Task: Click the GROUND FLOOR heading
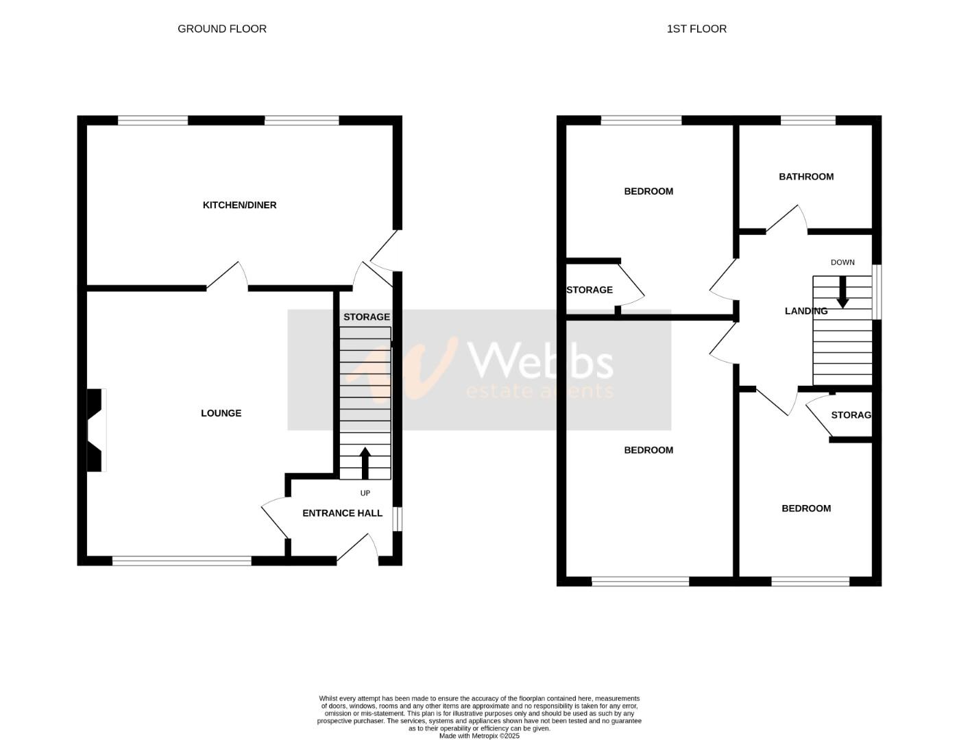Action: (221, 29)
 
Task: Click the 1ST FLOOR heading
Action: (696, 29)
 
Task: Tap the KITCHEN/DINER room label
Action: (239, 205)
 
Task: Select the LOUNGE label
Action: (221, 413)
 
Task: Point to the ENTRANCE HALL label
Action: (342, 513)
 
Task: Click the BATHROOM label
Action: (806, 177)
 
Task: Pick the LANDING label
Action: (806, 311)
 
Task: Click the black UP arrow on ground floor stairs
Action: (365, 463)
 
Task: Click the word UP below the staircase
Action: (365, 493)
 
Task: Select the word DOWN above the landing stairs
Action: (842, 262)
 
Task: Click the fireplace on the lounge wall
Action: (97, 430)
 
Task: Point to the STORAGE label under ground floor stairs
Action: (366, 317)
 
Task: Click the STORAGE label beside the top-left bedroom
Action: (590, 290)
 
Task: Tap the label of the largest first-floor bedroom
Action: (648, 450)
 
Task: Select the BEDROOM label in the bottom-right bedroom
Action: (806, 508)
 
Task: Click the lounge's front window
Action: (182, 561)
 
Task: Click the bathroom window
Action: (808, 121)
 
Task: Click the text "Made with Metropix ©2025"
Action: (479, 736)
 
